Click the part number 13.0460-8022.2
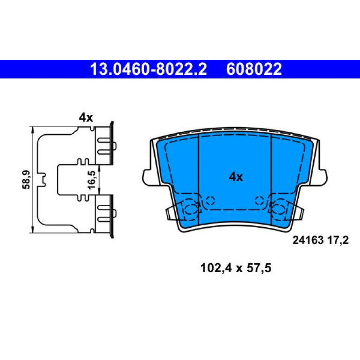[149, 69]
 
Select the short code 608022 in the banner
[254, 69]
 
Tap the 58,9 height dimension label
[26, 180]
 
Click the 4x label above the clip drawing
[86, 118]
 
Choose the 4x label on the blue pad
[236, 177]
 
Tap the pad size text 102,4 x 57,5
[236, 268]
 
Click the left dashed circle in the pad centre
[210, 201]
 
